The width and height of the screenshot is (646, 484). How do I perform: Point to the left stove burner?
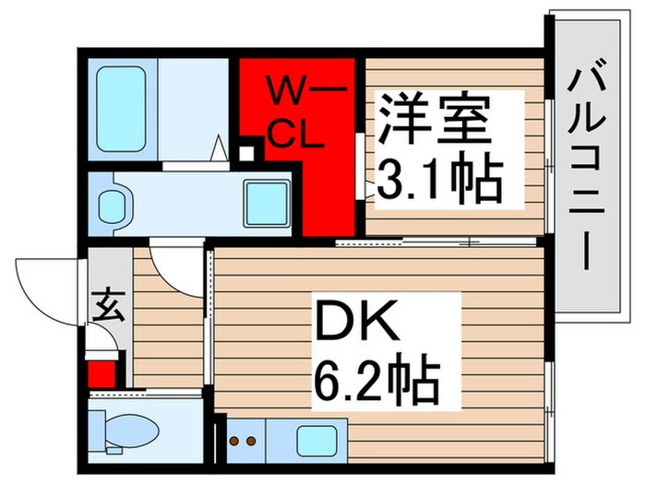tap(233, 441)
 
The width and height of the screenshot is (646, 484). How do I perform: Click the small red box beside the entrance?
tap(102, 373)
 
